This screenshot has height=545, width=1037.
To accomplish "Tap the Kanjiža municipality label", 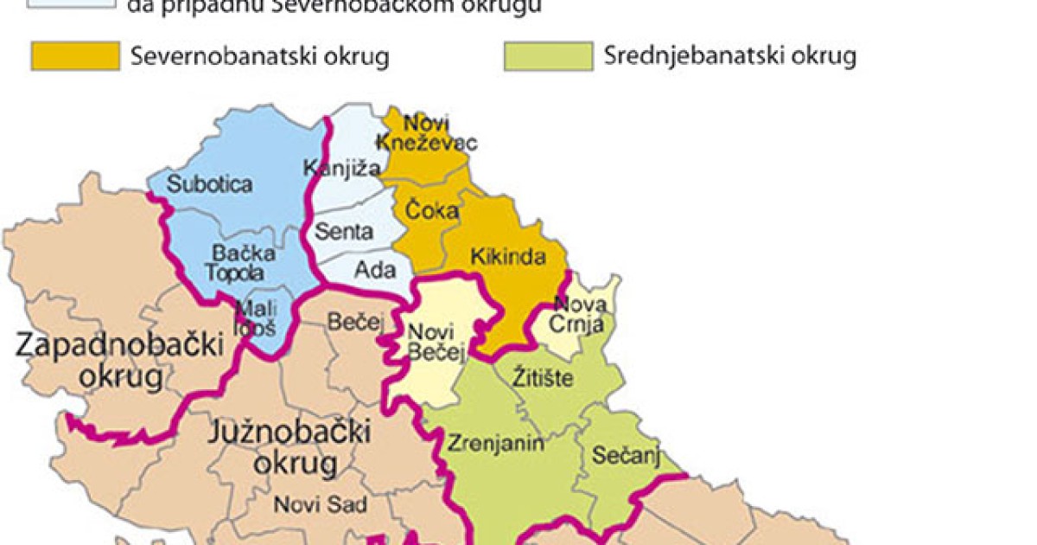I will click(x=343, y=168).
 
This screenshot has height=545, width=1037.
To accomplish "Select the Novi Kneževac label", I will click(x=428, y=132).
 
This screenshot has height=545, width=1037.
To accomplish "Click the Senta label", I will click(x=345, y=232).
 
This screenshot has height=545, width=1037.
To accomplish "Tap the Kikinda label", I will click(x=508, y=257).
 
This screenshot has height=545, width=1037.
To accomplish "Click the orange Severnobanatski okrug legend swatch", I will click(x=75, y=56).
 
